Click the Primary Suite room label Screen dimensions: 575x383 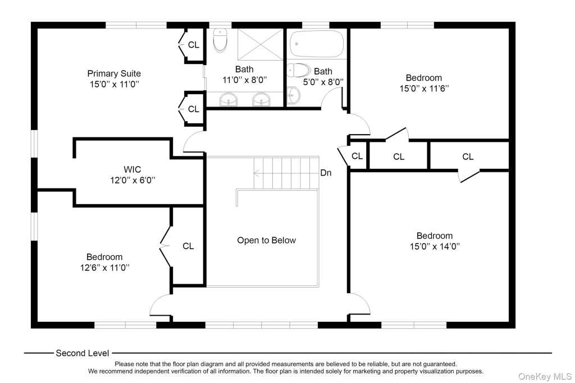pyautogui.click(x=114, y=73)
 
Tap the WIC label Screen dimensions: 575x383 pyautogui.click(x=133, y=169)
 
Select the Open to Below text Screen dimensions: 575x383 pyautogui.click(x=266, y=240)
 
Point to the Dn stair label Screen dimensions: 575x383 pyautogui.click(x=326, y=173)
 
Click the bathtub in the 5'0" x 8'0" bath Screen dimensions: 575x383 pyautogui.click(x=317, y=44)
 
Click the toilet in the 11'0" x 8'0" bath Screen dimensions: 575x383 pyautogui.click(x=220, y=40)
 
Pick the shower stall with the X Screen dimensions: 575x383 pyautogui.click(x=261, y=44)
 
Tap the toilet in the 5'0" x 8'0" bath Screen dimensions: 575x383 pyautogui.click(x=298, y=70)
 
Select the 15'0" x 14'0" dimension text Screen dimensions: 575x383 pyautogui.click(x=435, y=246)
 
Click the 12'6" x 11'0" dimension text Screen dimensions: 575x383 pyautogui.click(x=105, y=267)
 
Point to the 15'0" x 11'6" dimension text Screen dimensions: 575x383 pyautogui.click(x=424, y=89)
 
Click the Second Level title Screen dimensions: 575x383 pyautogui.click(x=82, y=353)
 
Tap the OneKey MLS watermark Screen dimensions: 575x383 pyautogui.click(x=545, y=376)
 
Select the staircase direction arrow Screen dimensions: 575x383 pyautogui.click(x=286, y=173)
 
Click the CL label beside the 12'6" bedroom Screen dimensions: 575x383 pyautogui.click(x=188, y=246)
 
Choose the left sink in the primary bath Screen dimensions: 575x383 pyautogui.click(x=228, y=99)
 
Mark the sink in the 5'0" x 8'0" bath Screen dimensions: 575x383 pyautogui.click(x=293, y=95)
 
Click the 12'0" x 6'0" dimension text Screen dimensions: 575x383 pyautogui.click(x=133, y=180)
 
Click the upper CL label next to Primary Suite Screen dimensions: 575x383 pyautogui.click(x=194, y=45)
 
